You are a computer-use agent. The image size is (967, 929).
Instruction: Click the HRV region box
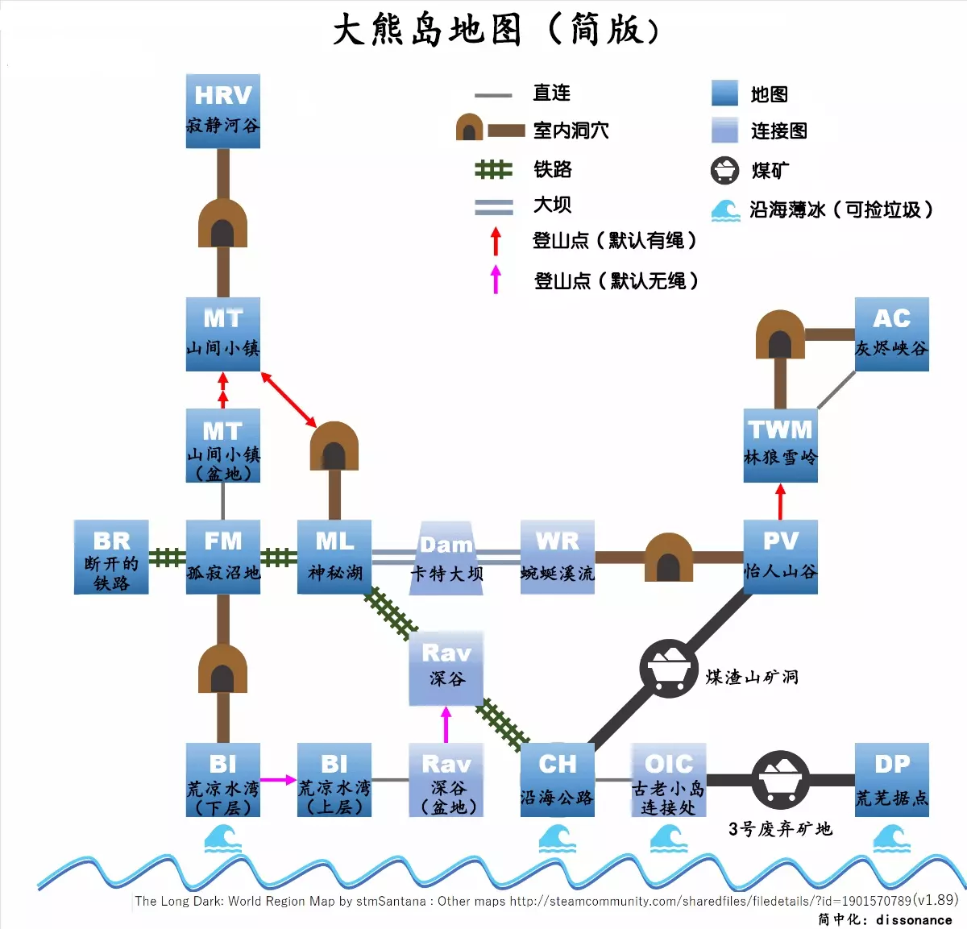pyautogui.click(x=223, y=111)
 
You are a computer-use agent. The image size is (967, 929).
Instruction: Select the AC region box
pyautogui.click(x=891, y=334)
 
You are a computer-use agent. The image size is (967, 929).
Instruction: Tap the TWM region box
pyautogui.click(x=780, y=446)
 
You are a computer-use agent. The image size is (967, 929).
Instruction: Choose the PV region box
pyautogui.click(x=780, y=557)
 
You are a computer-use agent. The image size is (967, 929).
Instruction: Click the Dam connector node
pyautogui.click(x=446, y=558)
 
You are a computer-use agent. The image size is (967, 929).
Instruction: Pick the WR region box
pyautogui.click(x=558, y=557)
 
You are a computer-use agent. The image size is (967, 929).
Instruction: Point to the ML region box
pyautogui.click(x=334, y=557)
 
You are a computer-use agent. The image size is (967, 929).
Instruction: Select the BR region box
pyautogui.click(x=111, y=557)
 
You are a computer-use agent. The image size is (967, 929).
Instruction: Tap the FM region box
pyautogui.click(x=223, y=557)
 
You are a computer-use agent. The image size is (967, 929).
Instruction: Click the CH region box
pyautogui.click(x=558, y=780)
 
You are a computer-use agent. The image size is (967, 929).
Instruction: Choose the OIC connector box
pyautogui.click(x=669, y=780)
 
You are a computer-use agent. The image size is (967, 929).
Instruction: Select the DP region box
pyautogui.click(x=891, y=780)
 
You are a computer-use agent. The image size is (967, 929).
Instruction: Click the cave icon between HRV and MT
pyautogui.click(x=223, y=223)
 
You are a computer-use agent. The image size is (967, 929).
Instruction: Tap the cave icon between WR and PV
pyautogui.click(x=669, y=557)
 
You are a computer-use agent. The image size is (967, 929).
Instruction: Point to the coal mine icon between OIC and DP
pyautogui.click(x=780, y=780)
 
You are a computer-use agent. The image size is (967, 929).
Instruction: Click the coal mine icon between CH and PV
pyautogui.click(x=669, y=669)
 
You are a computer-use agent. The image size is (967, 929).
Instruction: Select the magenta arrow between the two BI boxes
pyautogui.click(x=279, y=780)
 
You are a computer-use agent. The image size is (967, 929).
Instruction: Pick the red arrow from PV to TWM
pyautogui.click(x=780, y=501)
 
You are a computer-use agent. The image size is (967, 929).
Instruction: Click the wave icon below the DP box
pyautogui.click(x=891, y=839)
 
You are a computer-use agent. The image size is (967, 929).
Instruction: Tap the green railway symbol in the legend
pyautogui.click(x=493, y=169)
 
